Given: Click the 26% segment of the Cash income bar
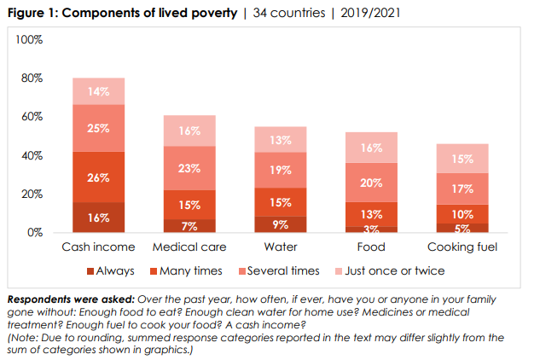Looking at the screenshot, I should coord(98,177).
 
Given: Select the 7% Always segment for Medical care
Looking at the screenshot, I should coord(189,225).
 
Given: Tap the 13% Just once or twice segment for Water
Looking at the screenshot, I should coord(281,139).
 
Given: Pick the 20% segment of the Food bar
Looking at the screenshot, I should coord(371,182).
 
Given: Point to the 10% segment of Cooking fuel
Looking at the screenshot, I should coord(462,213).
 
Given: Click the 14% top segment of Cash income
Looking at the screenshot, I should coord(98,90).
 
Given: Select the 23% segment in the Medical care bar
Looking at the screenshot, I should coord(189,168).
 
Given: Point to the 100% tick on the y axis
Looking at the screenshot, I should coord(30,40).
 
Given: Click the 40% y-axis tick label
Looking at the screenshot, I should coord(32,155).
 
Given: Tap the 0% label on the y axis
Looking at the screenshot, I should coord(36,232).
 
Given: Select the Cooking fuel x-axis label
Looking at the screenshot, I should coord(462,247).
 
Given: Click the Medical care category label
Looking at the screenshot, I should coord(189,247).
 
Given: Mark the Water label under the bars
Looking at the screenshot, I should coord(281,247).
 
